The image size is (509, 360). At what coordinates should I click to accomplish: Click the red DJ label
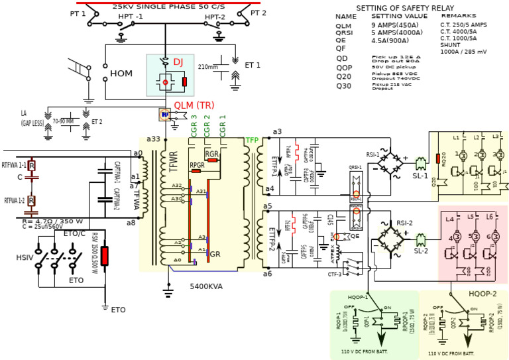(x=178, y=62)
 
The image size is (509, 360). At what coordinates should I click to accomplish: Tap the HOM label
(x=121, y=74)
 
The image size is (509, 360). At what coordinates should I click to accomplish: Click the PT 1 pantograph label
(x=78, y=13)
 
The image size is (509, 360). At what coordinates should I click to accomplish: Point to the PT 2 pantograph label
(x=258, y=13)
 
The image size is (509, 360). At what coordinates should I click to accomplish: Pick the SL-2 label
(x=421, y=251)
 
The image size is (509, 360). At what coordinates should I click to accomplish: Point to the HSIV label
(x=25, y=257)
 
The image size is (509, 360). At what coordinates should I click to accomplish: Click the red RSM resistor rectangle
(x=104, y=257)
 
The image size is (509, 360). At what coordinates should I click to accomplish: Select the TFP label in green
(x=253, y=140)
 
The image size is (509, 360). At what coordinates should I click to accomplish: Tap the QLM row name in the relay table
(x=344, y=25)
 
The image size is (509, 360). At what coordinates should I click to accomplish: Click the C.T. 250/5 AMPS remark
(x=463, y=25)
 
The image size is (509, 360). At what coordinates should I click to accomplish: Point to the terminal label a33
(x=152, y=139)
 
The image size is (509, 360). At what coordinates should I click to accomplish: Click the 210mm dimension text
(x=207, y=67)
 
